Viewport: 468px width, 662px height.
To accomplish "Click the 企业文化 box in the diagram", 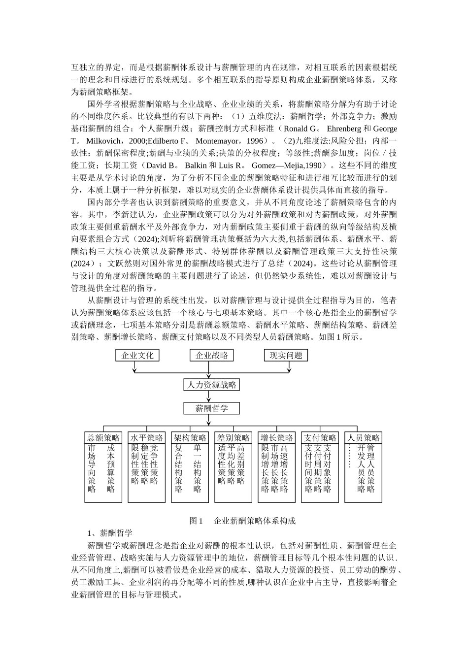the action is point(137,355).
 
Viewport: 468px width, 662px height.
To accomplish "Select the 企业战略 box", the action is point(212,355).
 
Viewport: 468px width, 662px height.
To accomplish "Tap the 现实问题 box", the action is point(286,355).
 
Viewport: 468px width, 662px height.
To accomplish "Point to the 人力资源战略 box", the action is point(212,385).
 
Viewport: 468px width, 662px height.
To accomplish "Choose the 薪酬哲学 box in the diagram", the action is point(212,408).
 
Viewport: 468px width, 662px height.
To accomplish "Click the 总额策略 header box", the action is point(103,438).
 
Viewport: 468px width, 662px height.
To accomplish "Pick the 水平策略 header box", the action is point(146,438).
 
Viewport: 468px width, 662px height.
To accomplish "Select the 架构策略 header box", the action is point(190,438).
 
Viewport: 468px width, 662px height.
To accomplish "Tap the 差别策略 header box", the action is point(233,438).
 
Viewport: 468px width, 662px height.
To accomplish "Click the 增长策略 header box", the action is point(277,438).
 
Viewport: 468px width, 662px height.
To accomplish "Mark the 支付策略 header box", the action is point(320,438).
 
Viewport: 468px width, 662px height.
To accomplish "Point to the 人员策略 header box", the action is point(364,438).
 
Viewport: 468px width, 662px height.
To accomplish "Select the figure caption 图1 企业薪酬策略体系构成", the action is point(242,521).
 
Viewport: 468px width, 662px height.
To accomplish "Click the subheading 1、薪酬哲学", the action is point(110,533).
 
